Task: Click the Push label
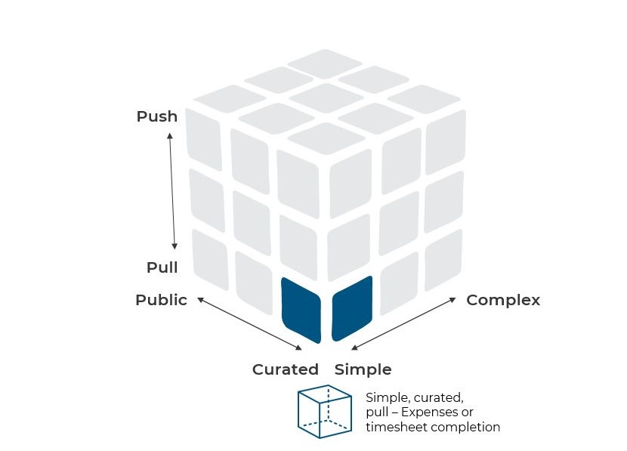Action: (157, 116)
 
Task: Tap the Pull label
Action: (162, 267)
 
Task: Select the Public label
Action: (161, 300)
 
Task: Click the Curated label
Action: (286, 369)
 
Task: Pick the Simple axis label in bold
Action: (363, 369)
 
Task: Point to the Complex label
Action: (503, 300)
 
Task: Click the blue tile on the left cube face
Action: (301, 310)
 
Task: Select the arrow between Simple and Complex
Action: (403, 323)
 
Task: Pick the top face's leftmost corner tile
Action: (230, 98)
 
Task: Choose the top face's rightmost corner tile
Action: (423, 98)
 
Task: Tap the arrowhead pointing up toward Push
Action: (170, 136)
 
